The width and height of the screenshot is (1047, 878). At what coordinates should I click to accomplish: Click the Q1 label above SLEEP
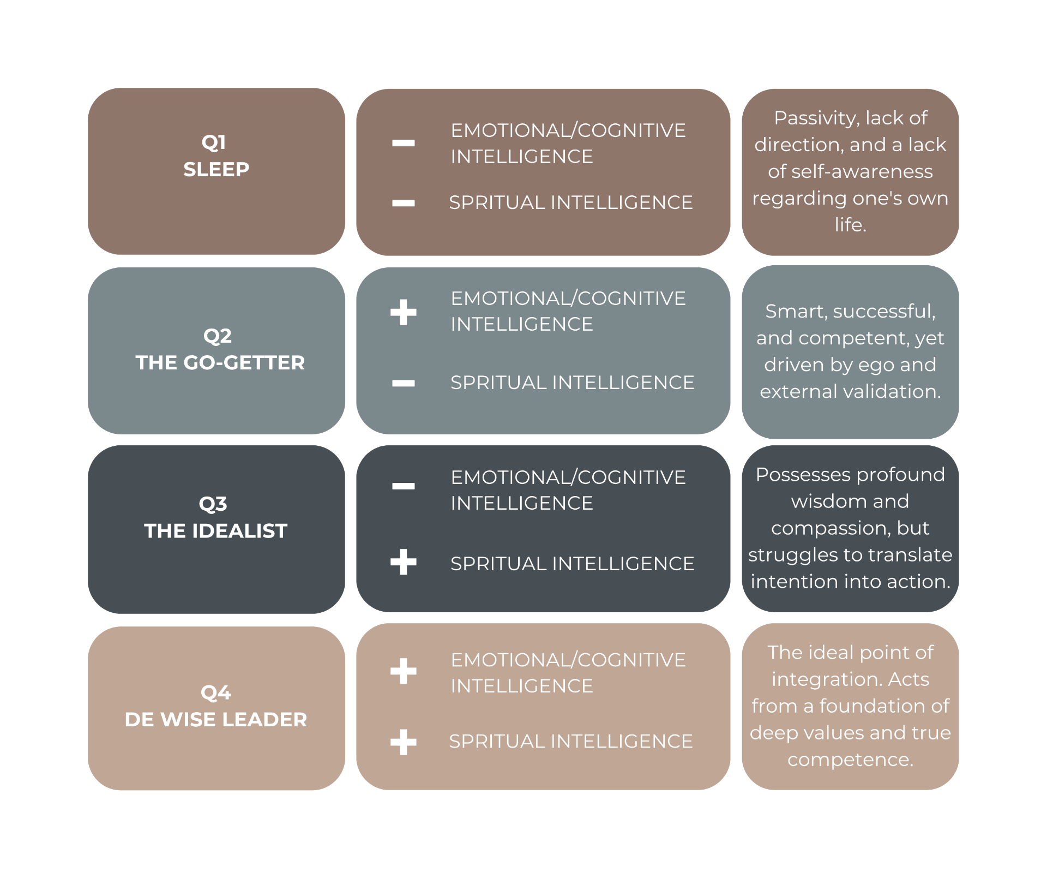click(x=214, y=143)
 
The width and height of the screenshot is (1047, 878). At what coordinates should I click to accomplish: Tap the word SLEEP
click(x=216, y=170)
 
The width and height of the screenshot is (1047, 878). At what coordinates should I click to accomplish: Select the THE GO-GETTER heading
click(x=220, y=363)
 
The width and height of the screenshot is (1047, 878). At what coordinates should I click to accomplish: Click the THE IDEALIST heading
click(x=216, y=531)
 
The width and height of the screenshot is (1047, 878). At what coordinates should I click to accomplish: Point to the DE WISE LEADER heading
click(x=216, y=720)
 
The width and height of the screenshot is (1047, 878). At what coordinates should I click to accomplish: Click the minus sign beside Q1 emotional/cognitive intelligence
click(x=404, y=144)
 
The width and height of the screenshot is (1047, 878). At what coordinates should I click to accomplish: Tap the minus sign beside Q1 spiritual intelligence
click(x=404, y=204)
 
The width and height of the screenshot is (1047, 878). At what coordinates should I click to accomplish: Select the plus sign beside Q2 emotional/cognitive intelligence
click(x=404, y=312)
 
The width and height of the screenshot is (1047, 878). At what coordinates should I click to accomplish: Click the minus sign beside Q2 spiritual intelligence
click(x=404, y=383)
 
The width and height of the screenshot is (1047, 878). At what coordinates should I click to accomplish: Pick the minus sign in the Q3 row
click(x=404, y=486)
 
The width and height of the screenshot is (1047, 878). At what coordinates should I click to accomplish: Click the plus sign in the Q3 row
click(x=404, y=562)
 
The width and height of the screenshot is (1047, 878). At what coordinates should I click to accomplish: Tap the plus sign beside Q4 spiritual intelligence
click(x=404, y=742)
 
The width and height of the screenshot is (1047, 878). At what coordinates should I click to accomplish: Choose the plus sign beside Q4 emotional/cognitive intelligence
click(x=404, y=671)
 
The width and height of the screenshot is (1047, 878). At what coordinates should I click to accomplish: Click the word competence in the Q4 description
click(x=850, y=760)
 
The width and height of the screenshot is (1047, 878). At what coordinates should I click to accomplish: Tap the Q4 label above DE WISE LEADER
click(x=216, y=693)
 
